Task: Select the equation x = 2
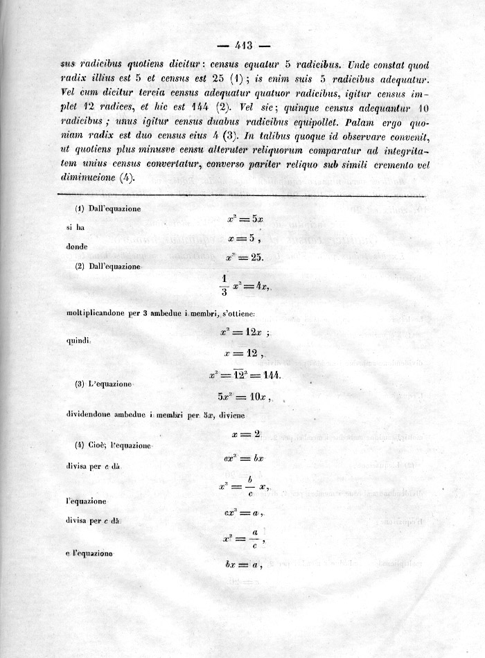pyautogui.click(x=247, y=434)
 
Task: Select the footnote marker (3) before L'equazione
pyautogui.click(x=80, y=384)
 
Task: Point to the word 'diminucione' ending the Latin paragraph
pyautogui.click(x=89, y=177)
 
